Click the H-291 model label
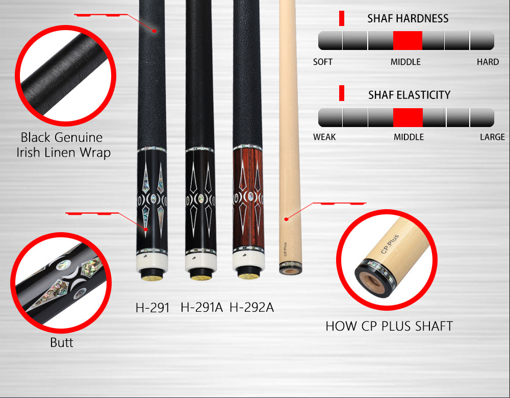point(152,308)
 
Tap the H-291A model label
point(201,307)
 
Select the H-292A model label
point(252,307)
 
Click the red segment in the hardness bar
point(407,41)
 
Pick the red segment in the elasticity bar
point(408,117)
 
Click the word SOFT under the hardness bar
point(323,62)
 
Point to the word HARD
point(488,62)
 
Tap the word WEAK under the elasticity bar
point(324,137)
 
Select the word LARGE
point(493,137)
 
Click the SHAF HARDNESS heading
point(408,18)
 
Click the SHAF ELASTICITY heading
point(409,95)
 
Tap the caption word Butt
point(62,343)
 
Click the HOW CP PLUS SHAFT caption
point(389,326)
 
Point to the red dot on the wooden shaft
point(286,219)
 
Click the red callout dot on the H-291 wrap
point(155,31)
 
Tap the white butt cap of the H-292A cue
point(248,259)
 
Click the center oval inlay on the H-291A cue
point(201,198)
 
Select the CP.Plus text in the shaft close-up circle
point(390,244)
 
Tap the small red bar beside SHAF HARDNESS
point(342,18)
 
